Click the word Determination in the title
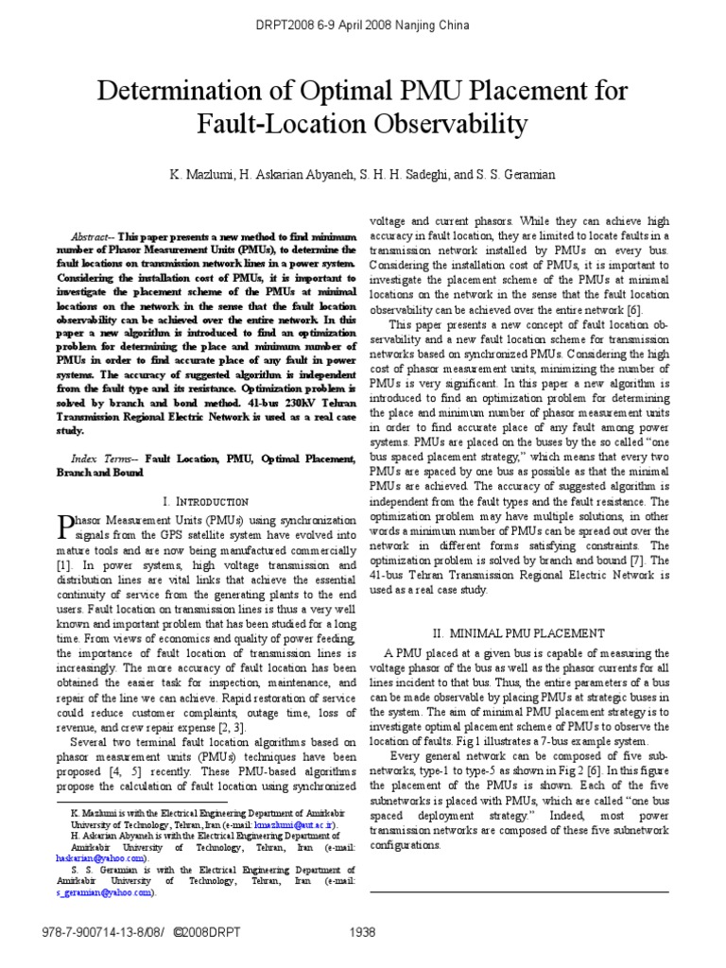[x=170, y=92]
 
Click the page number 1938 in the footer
[x=362, y=931]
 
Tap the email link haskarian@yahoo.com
[x=100, y=857]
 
